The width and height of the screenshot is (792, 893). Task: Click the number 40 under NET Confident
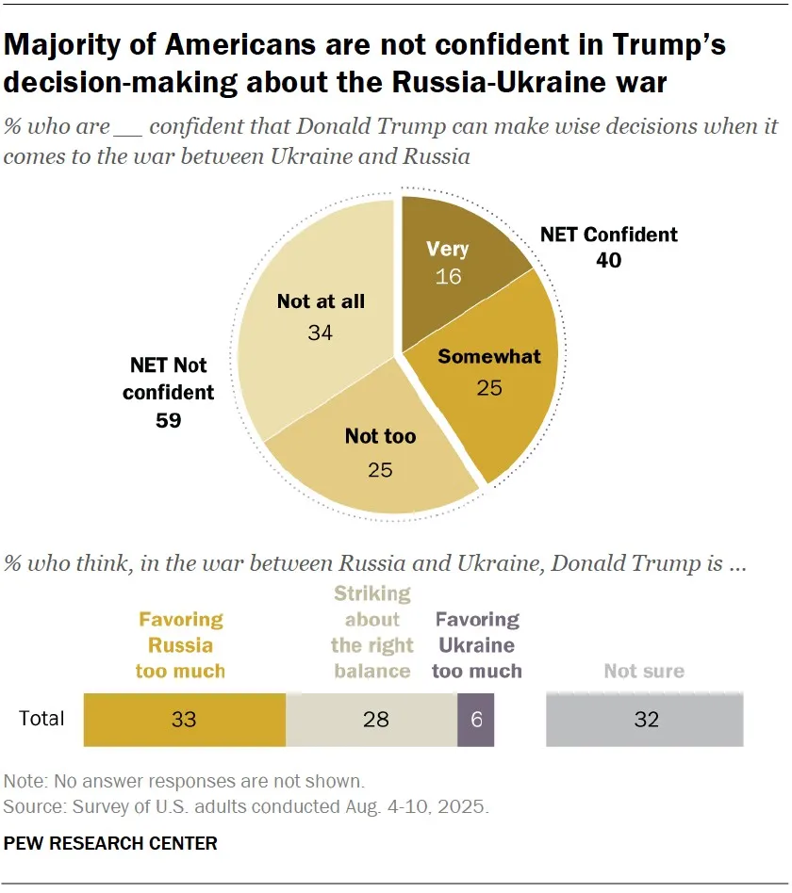pyautogui.click(x=608, y=260)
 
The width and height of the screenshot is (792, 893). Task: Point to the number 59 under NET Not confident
pyautogui.click(x=168, y=420)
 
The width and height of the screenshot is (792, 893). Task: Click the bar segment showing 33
pyautogui.click(x=184, y=720)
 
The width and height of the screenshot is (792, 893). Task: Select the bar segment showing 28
pyautogui.click(x=371, y=720)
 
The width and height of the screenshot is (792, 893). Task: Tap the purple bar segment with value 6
pyautogui.click(x=475, y=720)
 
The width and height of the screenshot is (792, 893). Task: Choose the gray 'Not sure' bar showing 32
pyautogui.click(x=644, y=720)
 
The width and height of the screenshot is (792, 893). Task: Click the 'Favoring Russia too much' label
pyautogui.click(x=180, y=645)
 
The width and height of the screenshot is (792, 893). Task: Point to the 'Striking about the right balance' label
pyautogui.click(x=371, y=632)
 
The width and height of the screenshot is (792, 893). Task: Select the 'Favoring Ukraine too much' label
pyautogui.click(x=477, y=645)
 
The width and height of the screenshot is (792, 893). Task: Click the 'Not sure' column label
pyautogui.click(x=644, y=671)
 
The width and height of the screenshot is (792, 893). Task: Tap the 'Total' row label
pyautogui.click(x=41, y=718)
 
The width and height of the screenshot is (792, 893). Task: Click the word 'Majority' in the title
pyautogui.click(x=62, y=45)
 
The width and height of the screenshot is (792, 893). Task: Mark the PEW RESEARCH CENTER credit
pyautogui.click(x=110, y=843)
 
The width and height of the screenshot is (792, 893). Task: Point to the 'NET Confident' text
pyautogui.click(x=609, y=234)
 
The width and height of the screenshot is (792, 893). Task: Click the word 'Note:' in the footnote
pyautogui.click(x=25, y=781)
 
